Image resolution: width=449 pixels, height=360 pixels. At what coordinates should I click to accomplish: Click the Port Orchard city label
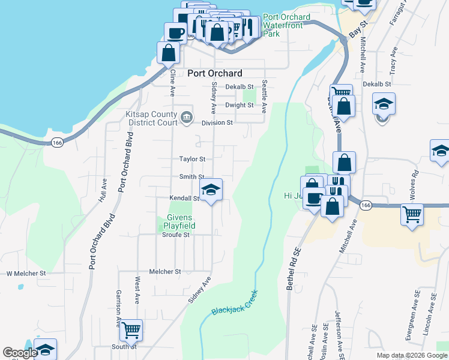215,73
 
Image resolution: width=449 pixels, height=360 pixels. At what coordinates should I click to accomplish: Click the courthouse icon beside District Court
187,116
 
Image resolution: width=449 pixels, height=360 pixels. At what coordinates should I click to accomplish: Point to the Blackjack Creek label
234,302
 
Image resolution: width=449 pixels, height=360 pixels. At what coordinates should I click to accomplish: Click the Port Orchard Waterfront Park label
286,25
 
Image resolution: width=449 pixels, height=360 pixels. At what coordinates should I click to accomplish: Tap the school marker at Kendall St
211,191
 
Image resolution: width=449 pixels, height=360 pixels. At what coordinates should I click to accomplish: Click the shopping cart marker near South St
131,331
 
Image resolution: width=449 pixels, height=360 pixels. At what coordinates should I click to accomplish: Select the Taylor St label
192,159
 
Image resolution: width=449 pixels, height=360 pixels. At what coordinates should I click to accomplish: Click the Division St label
217,122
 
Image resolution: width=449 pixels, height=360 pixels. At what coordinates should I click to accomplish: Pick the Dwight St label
240,105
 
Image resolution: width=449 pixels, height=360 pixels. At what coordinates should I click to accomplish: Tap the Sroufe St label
176,235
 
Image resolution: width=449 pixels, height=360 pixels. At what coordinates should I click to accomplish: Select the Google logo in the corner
19,353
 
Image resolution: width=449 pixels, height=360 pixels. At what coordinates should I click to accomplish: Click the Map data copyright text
411,355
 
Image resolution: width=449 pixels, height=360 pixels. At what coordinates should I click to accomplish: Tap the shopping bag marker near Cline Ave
169,53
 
